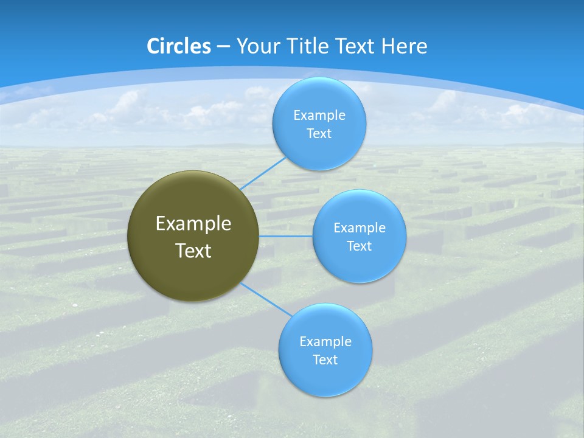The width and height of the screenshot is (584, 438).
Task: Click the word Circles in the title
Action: pyautogui.click(x=179, y=46)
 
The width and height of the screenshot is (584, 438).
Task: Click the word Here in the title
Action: pyautogui.click(x=404, y=46)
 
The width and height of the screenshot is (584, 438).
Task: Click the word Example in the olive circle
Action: pyautogui.click(x=193, y=224)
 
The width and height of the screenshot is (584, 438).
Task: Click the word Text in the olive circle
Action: pyautogui.click(x=193, y=251)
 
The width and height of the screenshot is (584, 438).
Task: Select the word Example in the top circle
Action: pyautogui.click(x=319, y=116)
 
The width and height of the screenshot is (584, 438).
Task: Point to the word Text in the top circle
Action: pyautogui.click(x=319, y=134)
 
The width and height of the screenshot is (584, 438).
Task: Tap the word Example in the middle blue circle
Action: pyautogui.click(x=360, y=228)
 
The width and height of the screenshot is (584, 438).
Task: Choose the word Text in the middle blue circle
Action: pyautogui.click(x=360, y=246)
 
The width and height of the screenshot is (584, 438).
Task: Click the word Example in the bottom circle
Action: pyautogui.click(x=325, y=342)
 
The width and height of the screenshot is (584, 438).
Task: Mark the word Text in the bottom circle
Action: pyautogui.click(x=325, y=360)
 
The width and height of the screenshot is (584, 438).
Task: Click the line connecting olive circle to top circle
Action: pyautogui.click(x=263, y=173)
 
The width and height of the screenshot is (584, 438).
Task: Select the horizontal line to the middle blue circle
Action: pyautogui.click(x=286, y=236)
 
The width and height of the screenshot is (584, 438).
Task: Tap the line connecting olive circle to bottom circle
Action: pyautogui.click(x=266, y=299)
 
